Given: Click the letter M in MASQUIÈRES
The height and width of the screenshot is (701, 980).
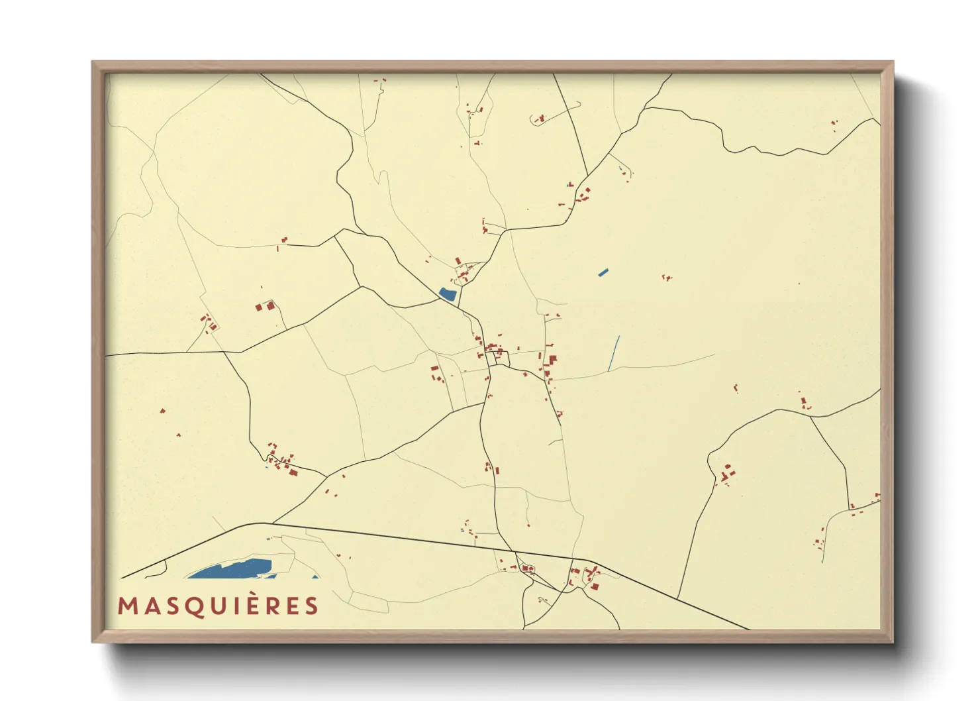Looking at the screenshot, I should (x=127, y=606).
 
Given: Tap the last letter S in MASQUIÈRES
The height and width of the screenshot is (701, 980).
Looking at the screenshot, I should (x=312, y=606).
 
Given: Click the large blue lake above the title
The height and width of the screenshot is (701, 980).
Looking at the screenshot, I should (x=232, y=569).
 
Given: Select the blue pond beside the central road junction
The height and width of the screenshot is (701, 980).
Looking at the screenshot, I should (x=448, y=294).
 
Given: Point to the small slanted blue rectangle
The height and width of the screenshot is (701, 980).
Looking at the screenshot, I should (x=603, y=272).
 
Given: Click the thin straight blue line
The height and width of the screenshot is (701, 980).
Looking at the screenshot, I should (x=614, y=353).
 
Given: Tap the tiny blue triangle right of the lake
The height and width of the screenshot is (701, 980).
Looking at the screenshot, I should (x=315, y=576).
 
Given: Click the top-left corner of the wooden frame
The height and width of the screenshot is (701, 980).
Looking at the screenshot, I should (x=93, y=62).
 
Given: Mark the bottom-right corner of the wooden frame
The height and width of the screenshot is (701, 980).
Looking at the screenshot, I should (x=893, y=642).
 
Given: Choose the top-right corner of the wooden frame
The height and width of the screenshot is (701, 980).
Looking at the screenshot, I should (x=893, y=62).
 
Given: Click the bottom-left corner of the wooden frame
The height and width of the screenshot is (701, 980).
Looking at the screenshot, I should (x=93, y=642).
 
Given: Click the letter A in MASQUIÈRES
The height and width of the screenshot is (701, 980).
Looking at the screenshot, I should (x=150, y=606).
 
